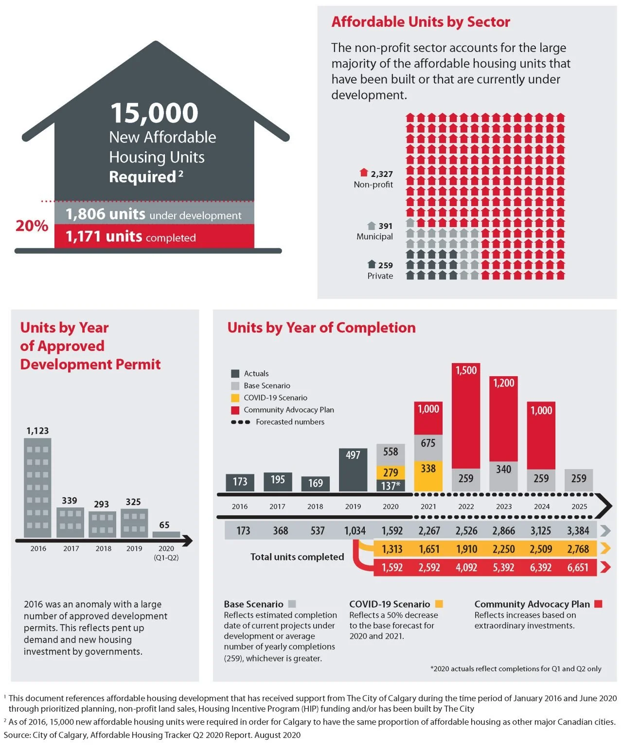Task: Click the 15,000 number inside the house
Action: coord(154,113)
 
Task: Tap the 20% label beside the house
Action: coord(32,226)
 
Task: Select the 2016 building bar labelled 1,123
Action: coord(37,488)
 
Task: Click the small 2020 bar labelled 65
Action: coord(166,534)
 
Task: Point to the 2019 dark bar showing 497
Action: coord(353,470)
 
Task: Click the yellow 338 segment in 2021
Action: coord(428,475)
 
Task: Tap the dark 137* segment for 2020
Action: coord(390,485)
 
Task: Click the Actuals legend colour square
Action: coord(235,373)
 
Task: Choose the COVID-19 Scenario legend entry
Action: coord(275,398)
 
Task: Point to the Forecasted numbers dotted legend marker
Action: coord(241,422)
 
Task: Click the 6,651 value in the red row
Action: coord(577,567)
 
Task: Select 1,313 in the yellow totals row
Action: coord(392,549)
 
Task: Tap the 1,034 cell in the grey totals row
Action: coord(355,530)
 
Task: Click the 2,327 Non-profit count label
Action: coord(381,174)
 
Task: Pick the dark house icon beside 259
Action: coord(372,264)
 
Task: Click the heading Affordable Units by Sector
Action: coord(421,22)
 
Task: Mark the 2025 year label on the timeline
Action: coord(579,506)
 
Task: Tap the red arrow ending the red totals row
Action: coord(605,567)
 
